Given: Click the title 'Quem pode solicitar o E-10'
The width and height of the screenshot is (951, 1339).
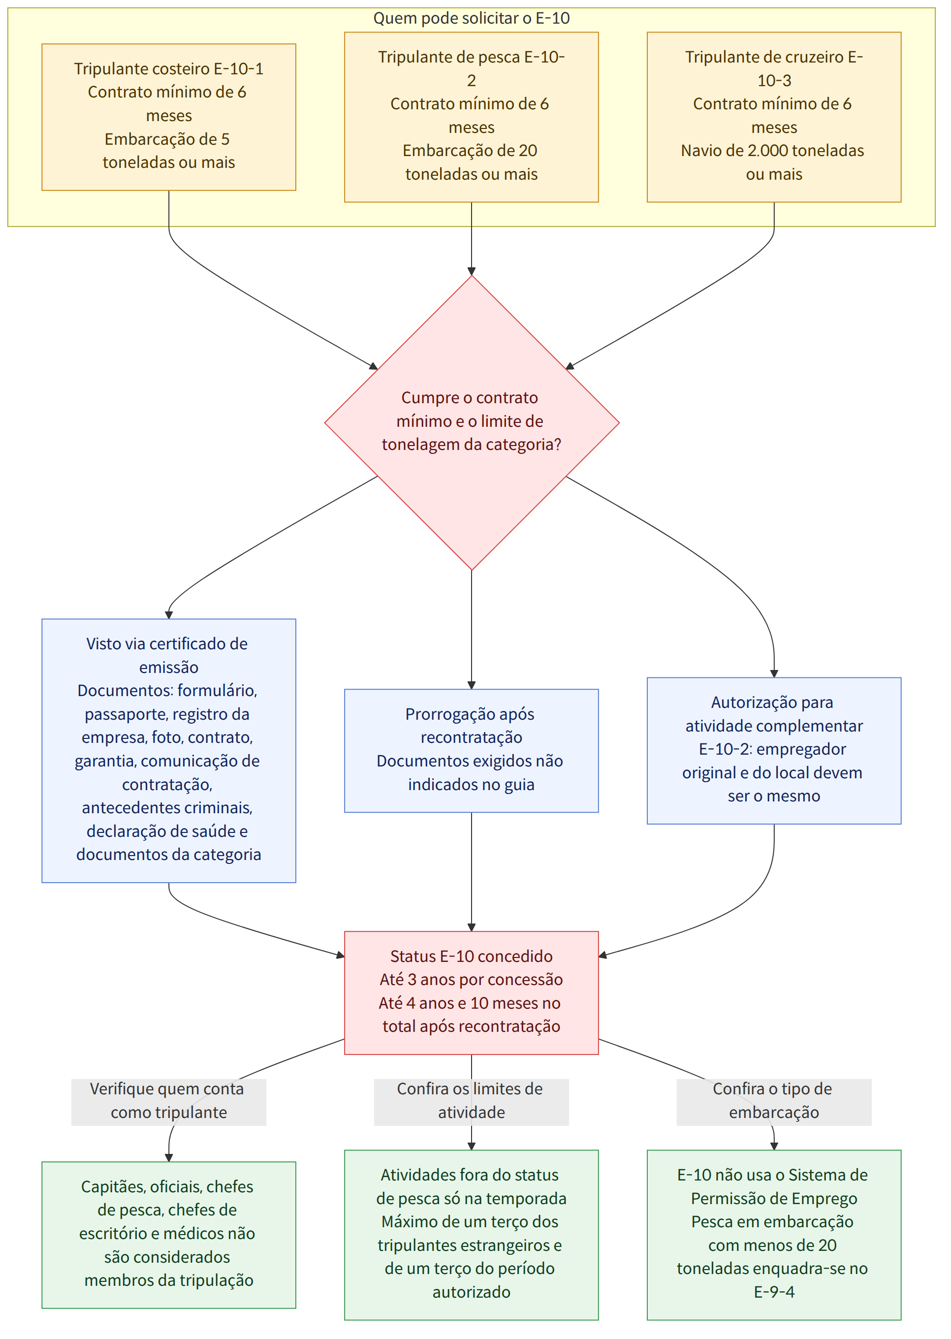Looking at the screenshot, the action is click(x=472, y=18).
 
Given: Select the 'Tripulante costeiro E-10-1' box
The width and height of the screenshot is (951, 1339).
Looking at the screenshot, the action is click(x=169, y=117).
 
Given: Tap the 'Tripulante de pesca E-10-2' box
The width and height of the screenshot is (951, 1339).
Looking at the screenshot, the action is click(x=472, y=117).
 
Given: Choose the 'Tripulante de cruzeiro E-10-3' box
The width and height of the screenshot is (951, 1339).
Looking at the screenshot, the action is click(x=774, y=117).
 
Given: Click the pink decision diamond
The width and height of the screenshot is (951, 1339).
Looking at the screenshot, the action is click(x=472, y=423).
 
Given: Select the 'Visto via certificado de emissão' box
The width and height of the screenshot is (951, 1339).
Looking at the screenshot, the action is click(x=169, y=751).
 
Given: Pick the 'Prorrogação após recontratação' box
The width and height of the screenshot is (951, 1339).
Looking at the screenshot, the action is click(x=472, y=751).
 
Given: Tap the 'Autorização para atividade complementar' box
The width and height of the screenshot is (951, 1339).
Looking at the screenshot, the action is click(x=774, y=751).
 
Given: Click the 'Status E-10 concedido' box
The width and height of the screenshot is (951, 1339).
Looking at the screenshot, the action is click(x=472, y=992).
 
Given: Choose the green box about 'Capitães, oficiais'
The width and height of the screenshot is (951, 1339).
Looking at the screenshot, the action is click(x=169, y=1235).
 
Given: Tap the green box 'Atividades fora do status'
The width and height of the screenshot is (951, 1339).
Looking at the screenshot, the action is click(x=472, y=1235).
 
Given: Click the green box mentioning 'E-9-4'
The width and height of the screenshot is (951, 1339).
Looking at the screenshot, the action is click(x=774, y=1235).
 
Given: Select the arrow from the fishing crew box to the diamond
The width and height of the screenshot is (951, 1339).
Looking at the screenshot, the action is click(x=472, y=239).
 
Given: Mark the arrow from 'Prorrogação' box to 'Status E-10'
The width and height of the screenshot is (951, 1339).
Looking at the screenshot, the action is click(x=472, y=872).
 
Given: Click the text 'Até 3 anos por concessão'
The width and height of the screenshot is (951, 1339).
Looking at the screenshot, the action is click(x=472, y=980).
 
